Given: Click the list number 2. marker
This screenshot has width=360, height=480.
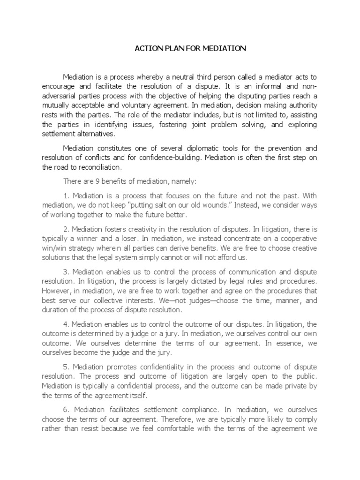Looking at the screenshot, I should click(66, 229).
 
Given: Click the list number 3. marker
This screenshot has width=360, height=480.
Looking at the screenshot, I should click(66, 272).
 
